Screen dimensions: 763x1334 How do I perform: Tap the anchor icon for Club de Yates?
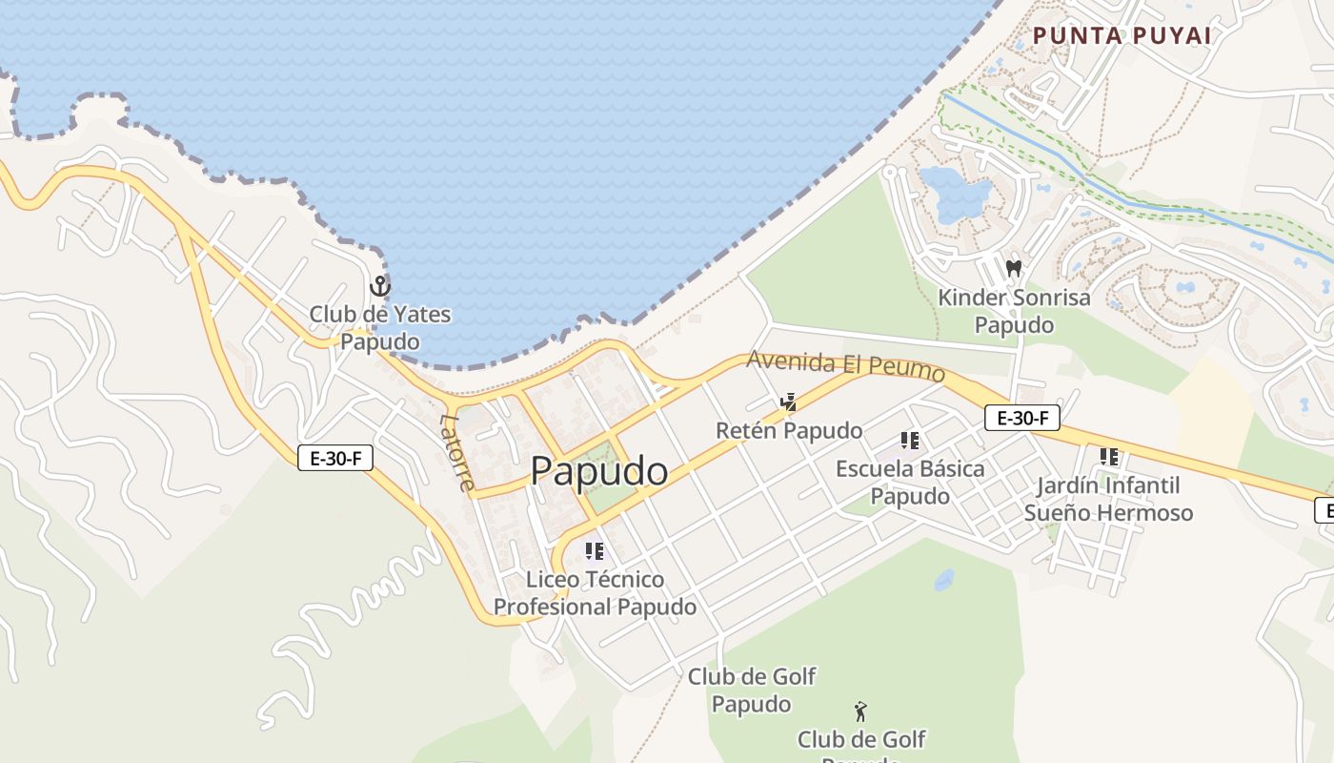[x=380, y=285]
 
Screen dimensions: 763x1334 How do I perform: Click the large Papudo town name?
[x=598, y=471]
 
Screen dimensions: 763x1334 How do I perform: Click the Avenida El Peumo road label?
[x=845, y=365]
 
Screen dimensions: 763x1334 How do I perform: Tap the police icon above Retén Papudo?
[x=788, y=402]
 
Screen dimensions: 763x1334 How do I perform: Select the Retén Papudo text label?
[x=789, y=430]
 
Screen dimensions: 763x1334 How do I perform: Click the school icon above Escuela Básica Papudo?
[x=910, y=441]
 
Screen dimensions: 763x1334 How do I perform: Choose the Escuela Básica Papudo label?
[x=910, y=482]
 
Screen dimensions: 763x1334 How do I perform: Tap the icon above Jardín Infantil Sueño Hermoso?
[x=1108, y=457]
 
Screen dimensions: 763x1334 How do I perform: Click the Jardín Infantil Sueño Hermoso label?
[x=1108, y=499]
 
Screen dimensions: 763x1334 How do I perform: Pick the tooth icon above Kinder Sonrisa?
[x=1014, y=269]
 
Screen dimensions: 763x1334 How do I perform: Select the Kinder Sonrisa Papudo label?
[x=1014, y=311]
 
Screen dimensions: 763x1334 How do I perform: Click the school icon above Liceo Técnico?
[x=595, y=550]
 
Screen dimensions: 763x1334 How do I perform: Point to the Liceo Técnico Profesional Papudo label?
[x=595, y=592]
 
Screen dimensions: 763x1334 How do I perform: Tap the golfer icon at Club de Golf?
[x=861, y=711]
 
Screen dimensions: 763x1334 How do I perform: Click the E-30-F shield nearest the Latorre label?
[x=334, y=458]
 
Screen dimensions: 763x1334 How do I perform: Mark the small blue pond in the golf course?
[x=944, y=579]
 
